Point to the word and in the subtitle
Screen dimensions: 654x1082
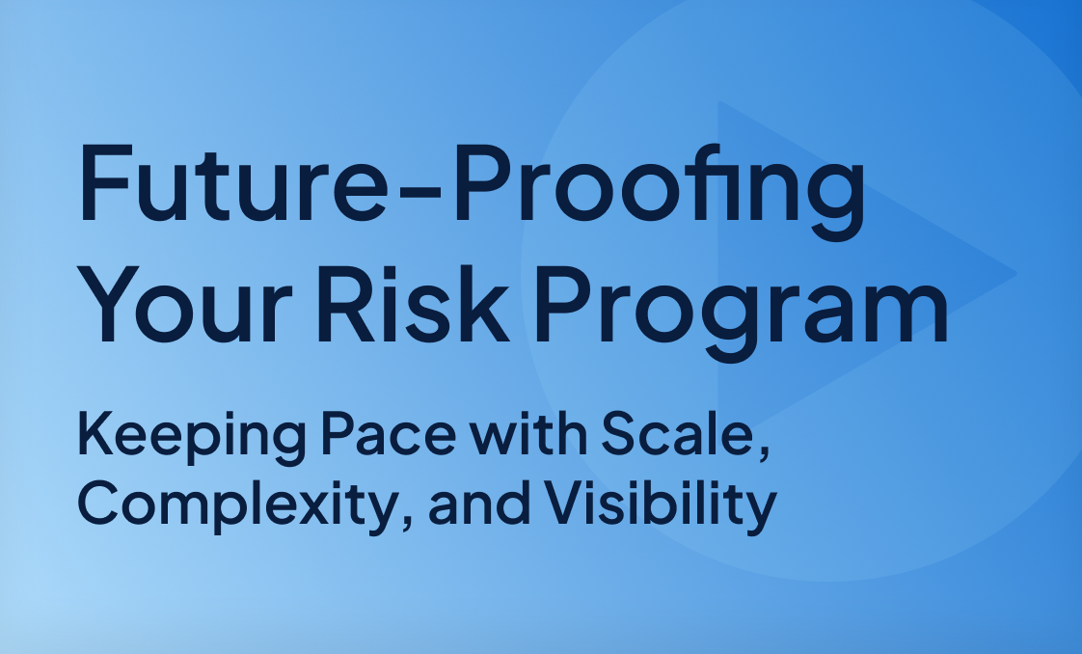(477, 504)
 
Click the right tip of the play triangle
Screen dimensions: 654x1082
(1015, 274)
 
